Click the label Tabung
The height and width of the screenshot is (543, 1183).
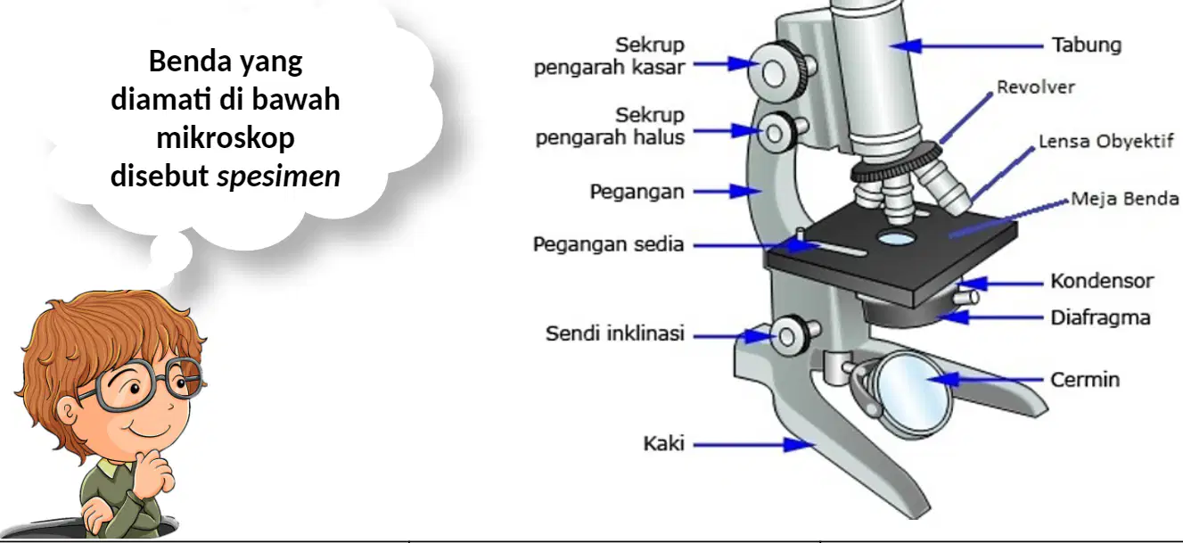pyautogui.click(x=1087, y=46)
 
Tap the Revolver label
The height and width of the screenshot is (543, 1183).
pyautogui.click(x=1036, y=87)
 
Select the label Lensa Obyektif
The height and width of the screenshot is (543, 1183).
pyautogui.click(x=1106, y=142)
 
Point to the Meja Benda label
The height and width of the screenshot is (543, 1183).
pyautogui.click(x=1124, y=199)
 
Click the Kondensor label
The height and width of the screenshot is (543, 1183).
pyautogui.click(x=1102, y=281)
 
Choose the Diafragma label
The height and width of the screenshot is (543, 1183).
pyautogui.click(x=1100, y=318)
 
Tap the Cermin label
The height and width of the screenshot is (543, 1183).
pyautogui.click(x=1085, y=380)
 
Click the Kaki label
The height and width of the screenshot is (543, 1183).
pyautogui.click(x=663, y=444)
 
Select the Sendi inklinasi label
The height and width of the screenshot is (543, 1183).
pyautogui.click(x=615, y=333)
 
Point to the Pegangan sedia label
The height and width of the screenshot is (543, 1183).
pyautogui.click(x=608, y=244)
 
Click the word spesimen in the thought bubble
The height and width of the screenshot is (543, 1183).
pyautogui.click(x=278, y=177)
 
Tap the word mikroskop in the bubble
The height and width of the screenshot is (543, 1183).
pyautogui.click(x=226, y=138)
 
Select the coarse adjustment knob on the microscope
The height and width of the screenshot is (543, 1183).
pyautogui.click(x=779, y=70)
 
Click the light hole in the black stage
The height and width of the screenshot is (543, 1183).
pyautogui.click(x=896, y=238)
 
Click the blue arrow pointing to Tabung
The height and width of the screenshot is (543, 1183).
pyautogui.click(x=967, y=46)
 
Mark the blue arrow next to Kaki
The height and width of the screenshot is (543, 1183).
pyautogui.click(x=753, y=445)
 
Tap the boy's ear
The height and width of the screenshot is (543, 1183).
pyautogui.click(x=67, y=413)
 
